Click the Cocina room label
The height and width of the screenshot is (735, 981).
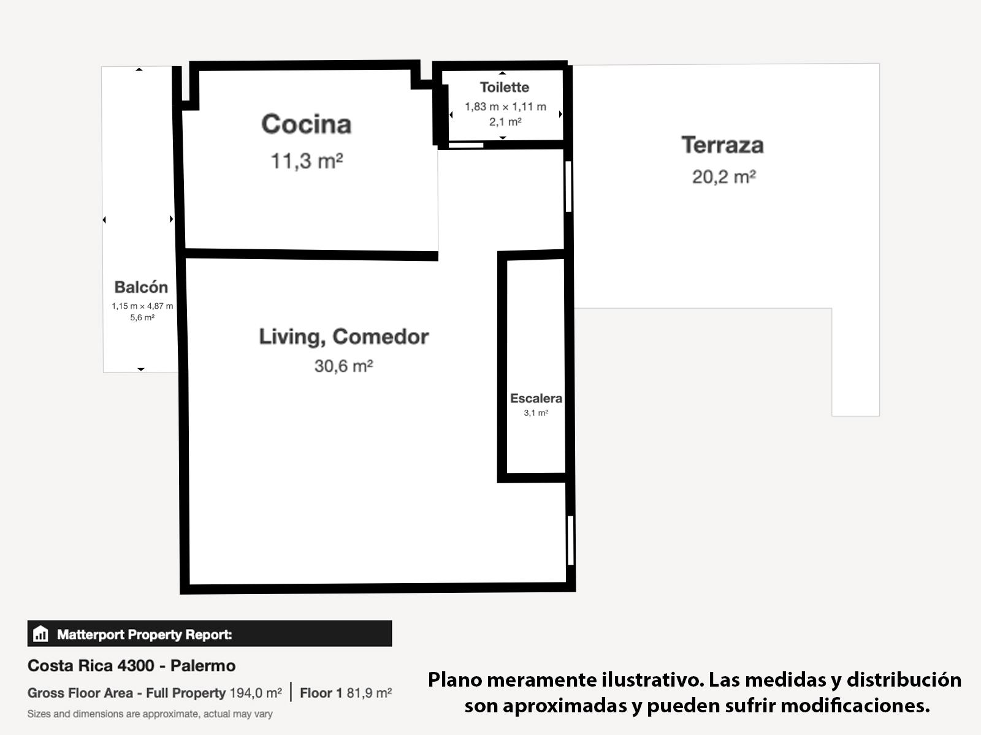click(x=306, y=124)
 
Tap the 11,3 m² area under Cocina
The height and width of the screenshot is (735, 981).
click(x=307, y=160)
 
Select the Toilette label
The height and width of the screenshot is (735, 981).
click(x=505, y=87)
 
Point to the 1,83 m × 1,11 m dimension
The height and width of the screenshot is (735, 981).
click(x=505, y=107)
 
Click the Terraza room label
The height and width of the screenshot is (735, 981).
click(x=723, y=145)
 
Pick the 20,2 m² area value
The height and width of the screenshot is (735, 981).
click(x=724, y=177)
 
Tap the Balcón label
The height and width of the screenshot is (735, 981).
click(x=141, y=287)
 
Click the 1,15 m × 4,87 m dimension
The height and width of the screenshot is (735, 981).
click(x=142, y=306)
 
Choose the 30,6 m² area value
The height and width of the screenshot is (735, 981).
click(x=344, y=366)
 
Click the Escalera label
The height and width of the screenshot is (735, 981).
click(x=536, y=398)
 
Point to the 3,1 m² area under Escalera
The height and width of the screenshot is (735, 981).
click(x=536, y=413)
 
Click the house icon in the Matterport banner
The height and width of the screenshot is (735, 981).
click(x=40, y=633)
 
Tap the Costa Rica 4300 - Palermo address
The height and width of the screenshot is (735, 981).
click(x=131, y=666)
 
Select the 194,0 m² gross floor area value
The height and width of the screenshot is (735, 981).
click(x=256, y=693)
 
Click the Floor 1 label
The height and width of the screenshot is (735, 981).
click(x=321, y=693)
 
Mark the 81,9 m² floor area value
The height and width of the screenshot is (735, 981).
click(x=369, y=693)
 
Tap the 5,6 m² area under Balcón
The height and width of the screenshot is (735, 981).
click(x=142, y=317)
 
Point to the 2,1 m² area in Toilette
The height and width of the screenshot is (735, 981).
click(x=505, y=122)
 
